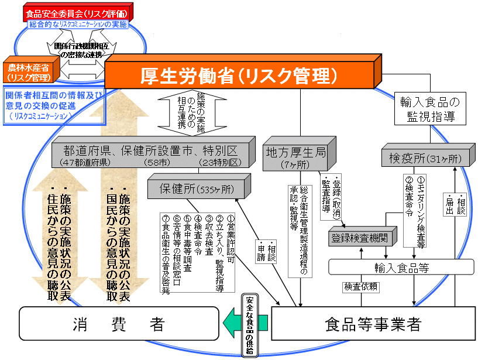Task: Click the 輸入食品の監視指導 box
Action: click(x=430, y=108)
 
